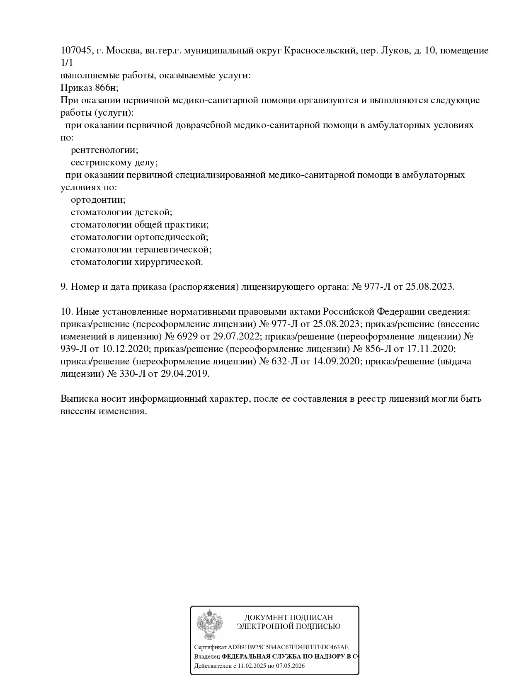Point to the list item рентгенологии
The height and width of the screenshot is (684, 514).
[x=104, y=150]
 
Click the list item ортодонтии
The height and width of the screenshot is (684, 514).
[x=98, y=200]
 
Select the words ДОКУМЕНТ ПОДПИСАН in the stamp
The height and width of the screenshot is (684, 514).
[x=289, y=618]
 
